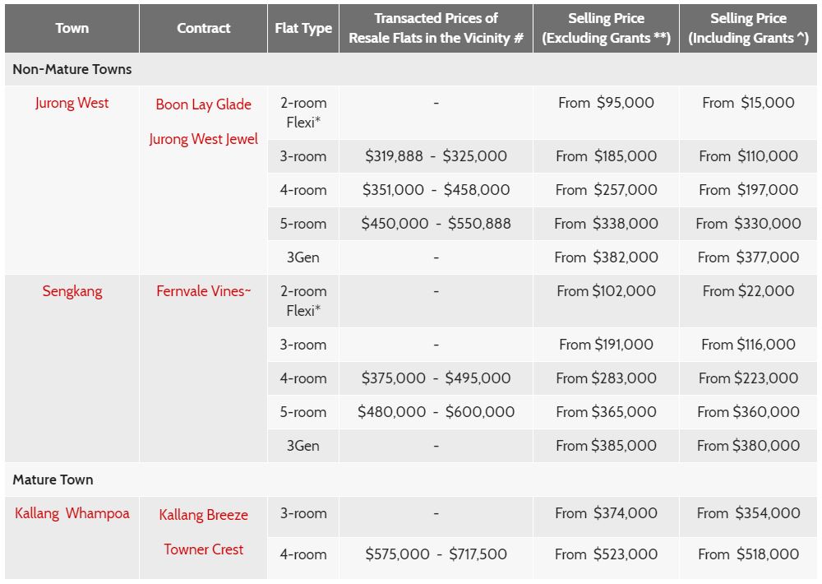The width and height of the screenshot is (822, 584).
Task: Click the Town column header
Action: tap(72, 28)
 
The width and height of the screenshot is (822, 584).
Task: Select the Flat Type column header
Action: tap(303, 28)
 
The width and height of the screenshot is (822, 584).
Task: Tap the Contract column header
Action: tap(203, 28)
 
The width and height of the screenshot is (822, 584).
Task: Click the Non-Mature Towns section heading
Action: tap(72, 69)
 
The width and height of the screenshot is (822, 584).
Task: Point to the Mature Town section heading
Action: tap(53, 480)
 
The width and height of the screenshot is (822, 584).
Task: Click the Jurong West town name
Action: tap(72, 103)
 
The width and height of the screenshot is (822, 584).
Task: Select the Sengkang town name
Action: tap(72, 291)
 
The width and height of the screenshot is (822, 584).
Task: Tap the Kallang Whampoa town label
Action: tap(72, 513)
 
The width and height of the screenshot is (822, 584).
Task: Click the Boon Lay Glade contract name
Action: tap(203, 104)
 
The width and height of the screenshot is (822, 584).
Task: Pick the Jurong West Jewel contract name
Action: tap(203, 139)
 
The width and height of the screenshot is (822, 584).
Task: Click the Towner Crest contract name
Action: tap(203, 549)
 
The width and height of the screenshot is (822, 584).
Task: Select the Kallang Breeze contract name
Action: tap(203, 515)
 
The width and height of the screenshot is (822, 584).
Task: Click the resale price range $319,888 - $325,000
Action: tap(436, 156)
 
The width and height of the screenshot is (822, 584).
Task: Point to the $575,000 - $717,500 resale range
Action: tap(436, 554)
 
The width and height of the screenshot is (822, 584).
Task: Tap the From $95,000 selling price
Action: tap(606, 103)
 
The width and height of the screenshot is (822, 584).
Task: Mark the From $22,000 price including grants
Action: tap(748, 291)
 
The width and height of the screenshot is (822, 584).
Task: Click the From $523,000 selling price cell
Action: tap(606, 554)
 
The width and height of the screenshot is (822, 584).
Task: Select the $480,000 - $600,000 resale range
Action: tap(436, 412)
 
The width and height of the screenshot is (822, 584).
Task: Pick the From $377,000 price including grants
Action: tap(748, 257)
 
